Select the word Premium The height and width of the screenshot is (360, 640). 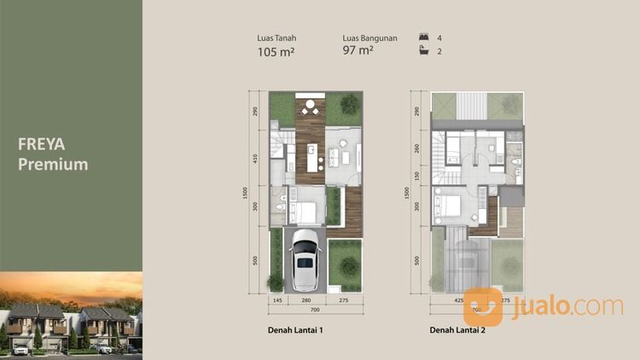[53, 164]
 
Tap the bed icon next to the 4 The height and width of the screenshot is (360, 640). [422, 38]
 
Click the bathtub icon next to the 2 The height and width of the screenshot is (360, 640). [422, 52]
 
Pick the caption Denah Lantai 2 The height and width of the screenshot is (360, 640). [457, 330]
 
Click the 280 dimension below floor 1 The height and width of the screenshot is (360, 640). [305, 301]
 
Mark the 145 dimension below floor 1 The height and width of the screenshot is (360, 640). [276, 301]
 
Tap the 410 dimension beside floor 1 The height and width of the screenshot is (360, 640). [254, 158]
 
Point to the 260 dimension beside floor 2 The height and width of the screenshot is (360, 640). [416, 147]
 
